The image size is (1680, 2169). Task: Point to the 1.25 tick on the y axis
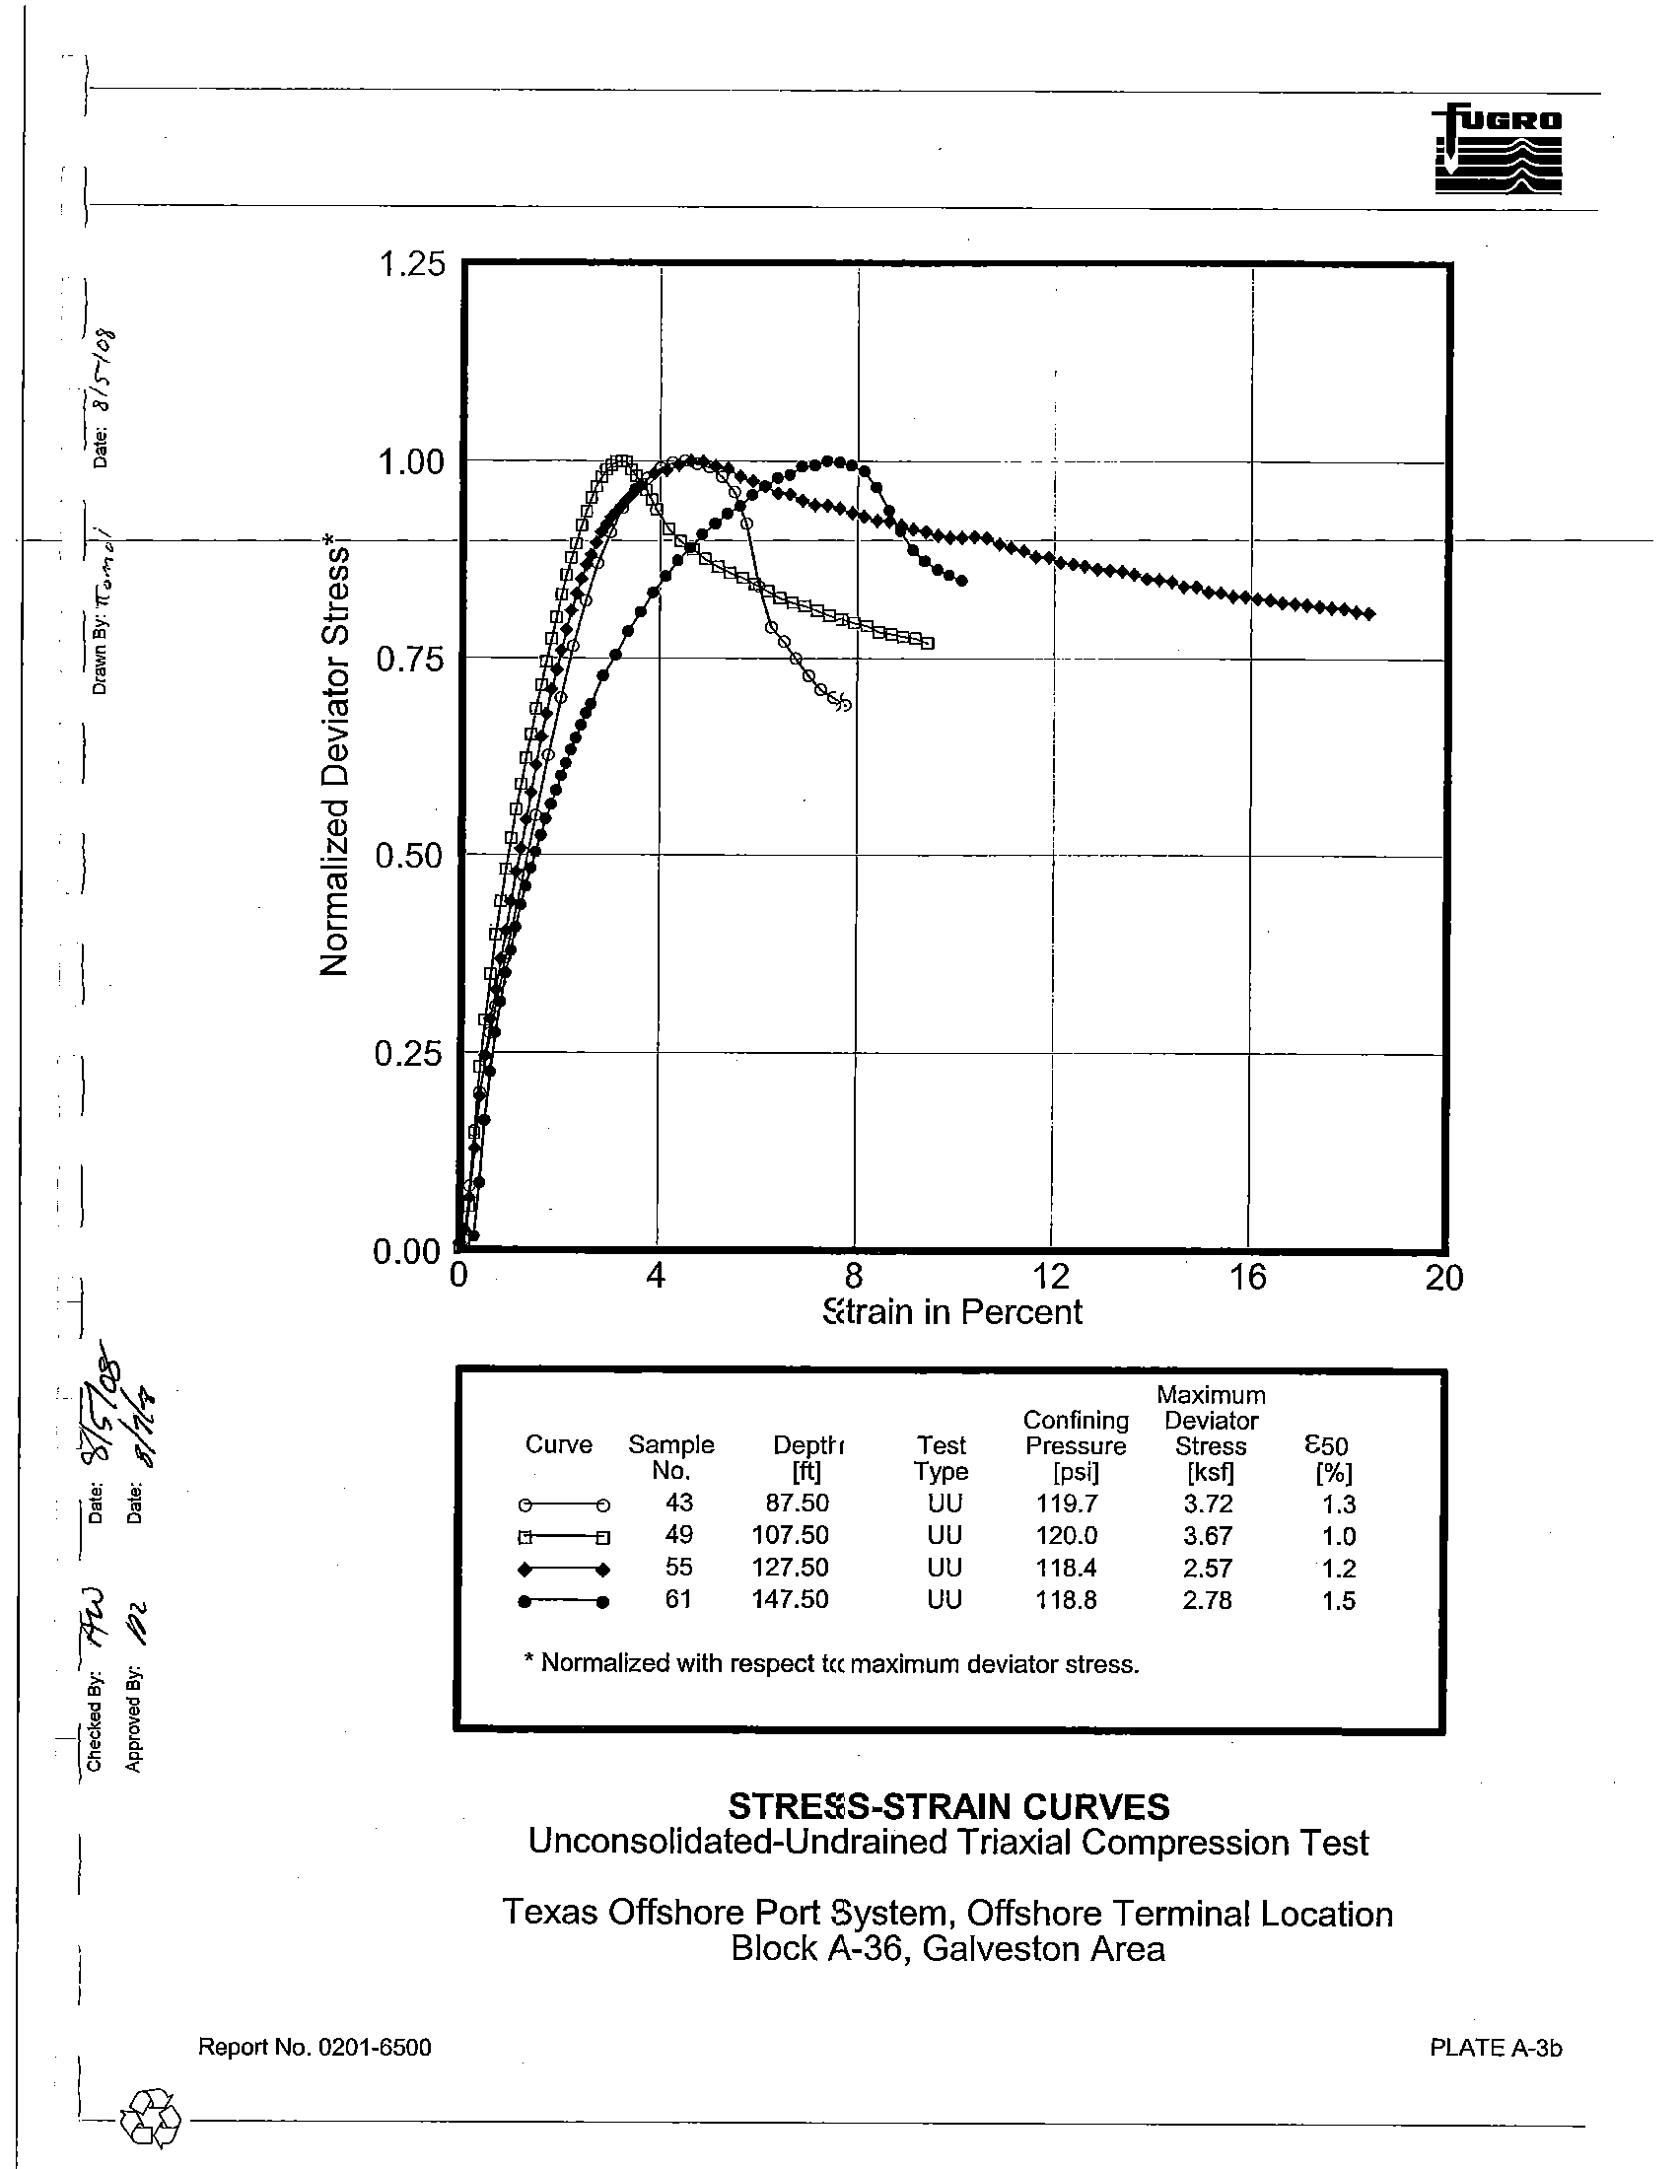click(411, 265)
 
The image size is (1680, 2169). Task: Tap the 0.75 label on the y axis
click(409, 659)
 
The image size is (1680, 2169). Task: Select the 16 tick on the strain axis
click(1247, 1277)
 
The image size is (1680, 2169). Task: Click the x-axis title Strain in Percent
click(952, 1313)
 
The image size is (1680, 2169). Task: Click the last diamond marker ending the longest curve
click(1370, 614)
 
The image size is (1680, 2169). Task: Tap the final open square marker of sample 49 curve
click(929, 644)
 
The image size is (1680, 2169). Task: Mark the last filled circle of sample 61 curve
click(962, 581)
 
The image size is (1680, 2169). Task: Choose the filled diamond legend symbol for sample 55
click(563, 1570)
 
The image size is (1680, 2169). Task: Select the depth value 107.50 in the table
click(790, 1535)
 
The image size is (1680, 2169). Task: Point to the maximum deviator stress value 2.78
click(1208, 1600)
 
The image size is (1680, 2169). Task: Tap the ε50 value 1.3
click(1339, 1504)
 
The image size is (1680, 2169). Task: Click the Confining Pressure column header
click(1076, 1446)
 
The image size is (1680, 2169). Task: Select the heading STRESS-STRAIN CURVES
click(948, 1805)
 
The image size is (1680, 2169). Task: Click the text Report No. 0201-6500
click(315, 2047)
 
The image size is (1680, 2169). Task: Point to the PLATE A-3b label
click(1496, 2047)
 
